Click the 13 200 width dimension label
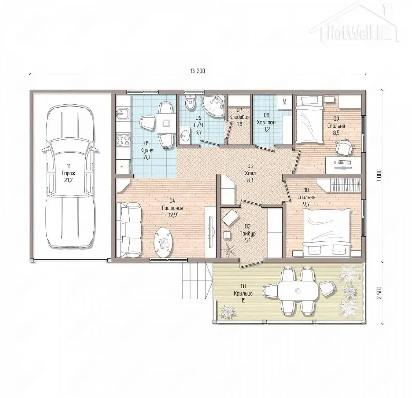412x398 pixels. click(x=198, y=71)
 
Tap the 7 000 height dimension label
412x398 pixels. click(x=379, y=175)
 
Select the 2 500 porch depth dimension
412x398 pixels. click(x=379, y=293)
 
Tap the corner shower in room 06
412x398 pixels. click(x=213, y=105)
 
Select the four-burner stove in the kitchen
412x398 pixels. click(x=123, y=140)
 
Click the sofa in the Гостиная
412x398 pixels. click(x=129, y=230)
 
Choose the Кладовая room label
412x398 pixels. click(x=239, y=117)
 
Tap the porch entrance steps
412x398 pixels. click(x=197, y=281)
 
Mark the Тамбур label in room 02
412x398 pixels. click(x=248, y=233)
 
